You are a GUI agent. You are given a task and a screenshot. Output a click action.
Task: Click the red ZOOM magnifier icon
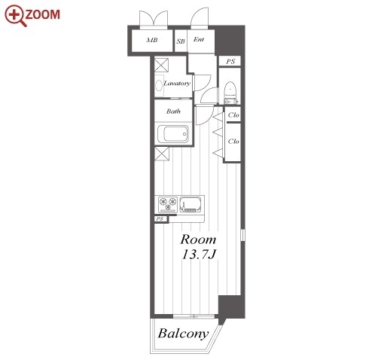[14, 15]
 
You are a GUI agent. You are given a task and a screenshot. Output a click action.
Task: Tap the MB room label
[152, 40]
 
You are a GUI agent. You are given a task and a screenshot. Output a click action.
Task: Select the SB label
[181, 41]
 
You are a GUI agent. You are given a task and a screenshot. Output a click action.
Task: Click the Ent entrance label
[199, 39]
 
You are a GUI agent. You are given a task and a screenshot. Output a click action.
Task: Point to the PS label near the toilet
[230, 61]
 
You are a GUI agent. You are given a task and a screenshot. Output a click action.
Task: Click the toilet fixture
[230, 93]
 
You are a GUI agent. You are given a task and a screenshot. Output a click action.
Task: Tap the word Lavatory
[177, 83]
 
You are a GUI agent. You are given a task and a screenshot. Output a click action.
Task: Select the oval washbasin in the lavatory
[159, 86]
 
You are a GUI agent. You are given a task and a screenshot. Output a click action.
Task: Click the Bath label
[173, 111]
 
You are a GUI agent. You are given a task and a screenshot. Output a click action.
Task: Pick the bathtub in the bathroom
[173, 134]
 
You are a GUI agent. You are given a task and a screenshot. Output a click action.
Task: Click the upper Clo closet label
[233, 115]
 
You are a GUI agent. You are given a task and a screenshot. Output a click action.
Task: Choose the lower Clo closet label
[233, 142]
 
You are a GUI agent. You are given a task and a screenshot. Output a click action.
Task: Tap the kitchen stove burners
[168, 204]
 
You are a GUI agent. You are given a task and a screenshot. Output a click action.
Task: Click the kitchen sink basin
[191, 204]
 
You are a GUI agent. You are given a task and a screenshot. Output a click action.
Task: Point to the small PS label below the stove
[160, 219]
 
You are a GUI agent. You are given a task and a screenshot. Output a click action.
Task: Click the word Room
[198, 239]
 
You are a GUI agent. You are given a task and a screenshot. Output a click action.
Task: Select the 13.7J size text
[199, 255]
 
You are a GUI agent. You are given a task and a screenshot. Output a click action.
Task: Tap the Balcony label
[183, 334]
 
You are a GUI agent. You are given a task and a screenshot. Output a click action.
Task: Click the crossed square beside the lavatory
[161, 65]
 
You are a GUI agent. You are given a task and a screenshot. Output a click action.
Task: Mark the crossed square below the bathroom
[162, 154]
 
